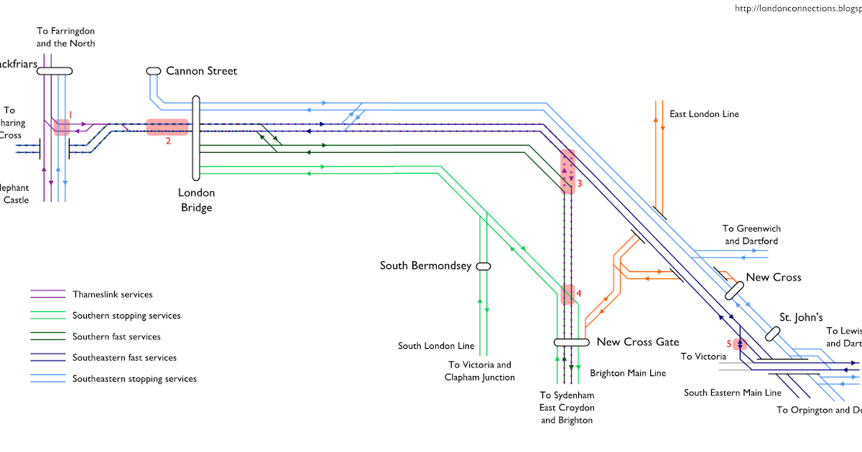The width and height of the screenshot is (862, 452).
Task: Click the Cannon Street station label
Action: tap(201, 71)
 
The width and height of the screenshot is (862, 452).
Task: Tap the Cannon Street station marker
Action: tap(153, 71)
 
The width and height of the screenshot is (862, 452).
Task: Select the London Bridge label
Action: tap(196, 200)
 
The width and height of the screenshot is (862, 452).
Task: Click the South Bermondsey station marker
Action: tap(483, 265)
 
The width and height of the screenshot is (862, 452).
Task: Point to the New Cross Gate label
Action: tap(638, 342)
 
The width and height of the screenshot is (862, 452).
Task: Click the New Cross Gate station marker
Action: tap(571, 342)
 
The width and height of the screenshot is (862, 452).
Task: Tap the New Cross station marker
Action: tap(734, 291)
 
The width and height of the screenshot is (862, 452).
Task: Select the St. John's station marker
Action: tap(772, 334)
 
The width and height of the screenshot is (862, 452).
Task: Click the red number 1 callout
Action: tap(70, 114)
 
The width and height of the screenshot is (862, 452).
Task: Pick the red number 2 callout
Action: tap(168, 141)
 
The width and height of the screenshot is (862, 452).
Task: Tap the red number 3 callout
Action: tap(579, 184)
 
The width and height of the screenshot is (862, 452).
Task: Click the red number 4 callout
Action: tap(578, 293)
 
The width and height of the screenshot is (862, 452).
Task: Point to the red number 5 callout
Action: tap(729, 343)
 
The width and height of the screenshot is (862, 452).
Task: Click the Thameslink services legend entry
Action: tap(112, 295)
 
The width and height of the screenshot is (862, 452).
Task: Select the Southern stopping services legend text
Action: tap(126, 316)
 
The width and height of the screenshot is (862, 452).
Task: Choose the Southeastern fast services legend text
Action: tap(124, 357)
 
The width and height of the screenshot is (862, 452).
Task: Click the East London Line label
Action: tap(704, 114)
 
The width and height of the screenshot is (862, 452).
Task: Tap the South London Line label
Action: tap(436, 346)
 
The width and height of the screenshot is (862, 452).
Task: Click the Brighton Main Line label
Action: tap(628, 373)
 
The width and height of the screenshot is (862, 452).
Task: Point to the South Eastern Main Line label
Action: tap(732, 392)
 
